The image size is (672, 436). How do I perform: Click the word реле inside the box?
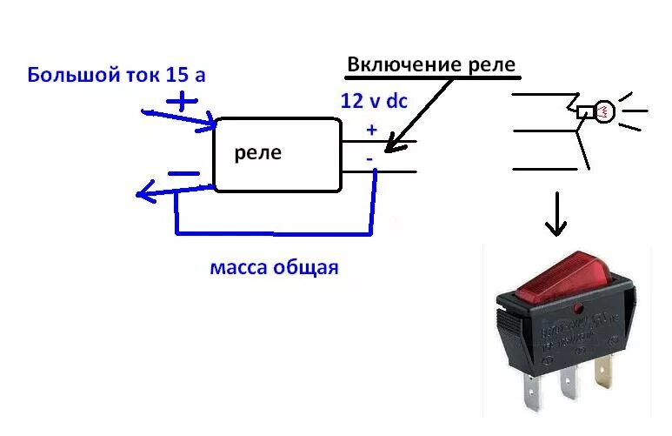(258, 153)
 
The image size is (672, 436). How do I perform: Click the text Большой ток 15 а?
(116, 74)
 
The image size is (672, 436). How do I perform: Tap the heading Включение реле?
(431, 64)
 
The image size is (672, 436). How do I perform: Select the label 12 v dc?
(374, 101)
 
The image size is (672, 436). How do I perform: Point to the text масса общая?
(274, 267)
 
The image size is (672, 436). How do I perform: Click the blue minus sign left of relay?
(183, 172)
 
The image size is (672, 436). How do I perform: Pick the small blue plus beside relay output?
(372, 130)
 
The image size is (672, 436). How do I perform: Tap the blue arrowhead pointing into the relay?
(209, 127)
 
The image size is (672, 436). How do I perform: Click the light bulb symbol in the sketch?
(602, 111)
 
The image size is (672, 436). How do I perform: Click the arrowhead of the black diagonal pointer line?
(388, 149)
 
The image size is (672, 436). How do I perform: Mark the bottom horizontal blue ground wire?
(274, 233)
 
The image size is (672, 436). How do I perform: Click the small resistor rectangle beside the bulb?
(584, 111)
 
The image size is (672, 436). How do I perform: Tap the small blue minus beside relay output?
(369, 158)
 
